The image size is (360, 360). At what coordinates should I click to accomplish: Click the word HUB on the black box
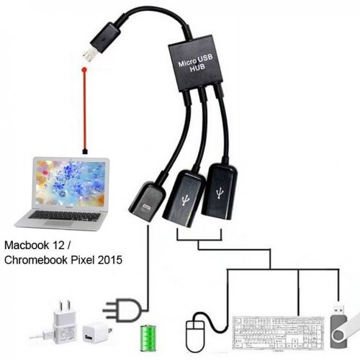(x=197, y=68)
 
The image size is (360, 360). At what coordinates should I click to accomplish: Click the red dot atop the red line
(x=84, y=70)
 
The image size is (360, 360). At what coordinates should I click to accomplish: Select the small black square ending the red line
(x=85, y=151)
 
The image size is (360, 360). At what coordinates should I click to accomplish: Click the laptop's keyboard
(x=64, y=216)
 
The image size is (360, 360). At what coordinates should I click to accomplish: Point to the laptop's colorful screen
(x=71, y=184)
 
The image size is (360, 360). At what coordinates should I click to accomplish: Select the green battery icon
(x=148, y=338)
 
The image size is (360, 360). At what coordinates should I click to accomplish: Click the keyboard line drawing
(x=278, y=333)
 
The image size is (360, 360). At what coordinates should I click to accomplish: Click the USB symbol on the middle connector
(x=185, y=200)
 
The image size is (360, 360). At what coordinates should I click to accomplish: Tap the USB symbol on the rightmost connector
(x=219, y=193)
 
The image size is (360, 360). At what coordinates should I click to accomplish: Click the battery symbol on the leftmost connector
(x=146, y=207)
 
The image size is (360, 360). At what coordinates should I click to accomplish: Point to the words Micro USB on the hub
(x=195, y=60)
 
